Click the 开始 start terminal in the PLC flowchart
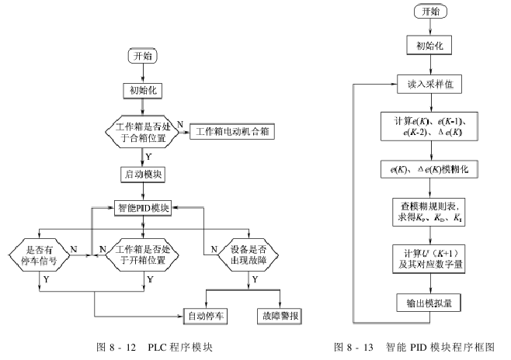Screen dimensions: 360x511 coord(143,57)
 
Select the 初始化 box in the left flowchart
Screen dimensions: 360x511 coord(143,89)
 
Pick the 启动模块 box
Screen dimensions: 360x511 coord(143,173)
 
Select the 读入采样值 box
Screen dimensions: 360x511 coord(429,83)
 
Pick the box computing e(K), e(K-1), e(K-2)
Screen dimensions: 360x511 coord(429,126)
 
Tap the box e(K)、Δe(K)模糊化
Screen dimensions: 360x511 coord(429,168)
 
